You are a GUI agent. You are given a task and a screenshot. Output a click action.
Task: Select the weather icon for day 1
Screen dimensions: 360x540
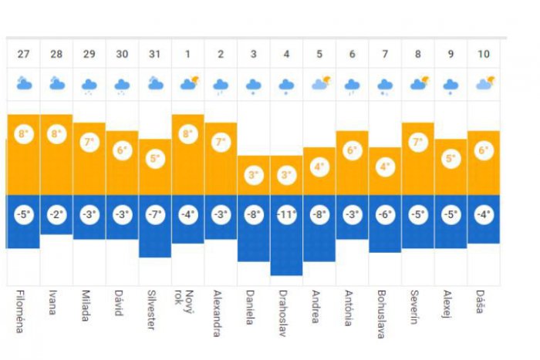(x=188, y=83)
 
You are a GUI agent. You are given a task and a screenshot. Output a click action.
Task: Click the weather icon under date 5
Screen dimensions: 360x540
(x=319, y=83)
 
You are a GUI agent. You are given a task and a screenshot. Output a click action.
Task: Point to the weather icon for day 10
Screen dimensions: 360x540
(x=484, y=83)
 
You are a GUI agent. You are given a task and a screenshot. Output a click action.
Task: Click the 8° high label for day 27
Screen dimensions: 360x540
(x=23, y=134)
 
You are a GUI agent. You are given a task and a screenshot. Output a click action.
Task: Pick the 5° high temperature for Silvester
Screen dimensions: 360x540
(x=155, y=159)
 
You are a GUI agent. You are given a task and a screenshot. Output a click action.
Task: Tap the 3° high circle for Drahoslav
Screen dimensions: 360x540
(x=287, y=175)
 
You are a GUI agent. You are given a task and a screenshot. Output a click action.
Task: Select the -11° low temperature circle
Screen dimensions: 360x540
(x=287, y=214)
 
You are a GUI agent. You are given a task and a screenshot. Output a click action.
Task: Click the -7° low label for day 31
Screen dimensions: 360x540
(x=155, y=214)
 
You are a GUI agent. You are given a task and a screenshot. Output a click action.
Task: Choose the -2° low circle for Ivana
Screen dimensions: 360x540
(x=56, y=214)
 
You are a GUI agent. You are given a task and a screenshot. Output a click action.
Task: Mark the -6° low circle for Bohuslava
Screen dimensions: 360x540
(x=386, y=214)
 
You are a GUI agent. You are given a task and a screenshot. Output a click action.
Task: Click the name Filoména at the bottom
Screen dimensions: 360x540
(x=20, y=311)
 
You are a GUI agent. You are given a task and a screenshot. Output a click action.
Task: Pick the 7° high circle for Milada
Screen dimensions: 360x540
(x=89, y=143)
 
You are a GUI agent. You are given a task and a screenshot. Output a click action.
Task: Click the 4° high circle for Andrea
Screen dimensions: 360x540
(x=319, y=167)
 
